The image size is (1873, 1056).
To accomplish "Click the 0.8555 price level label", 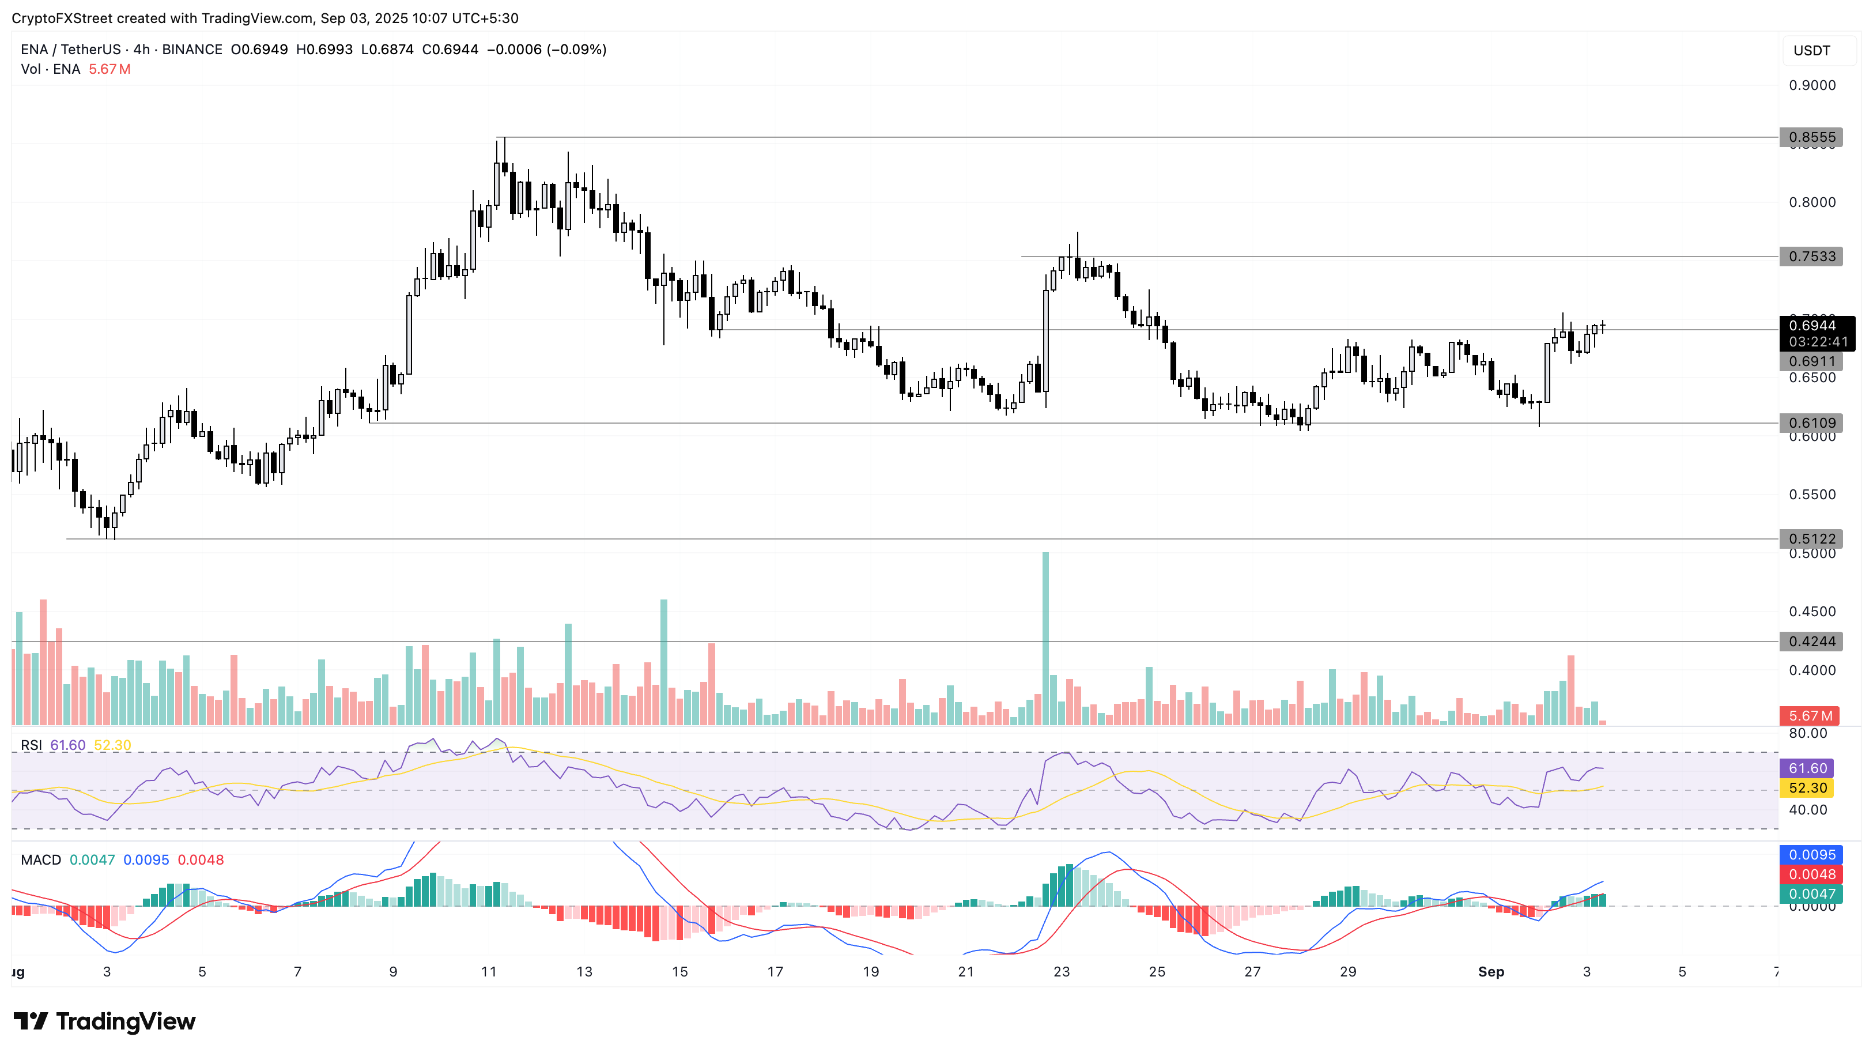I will point(1811,137).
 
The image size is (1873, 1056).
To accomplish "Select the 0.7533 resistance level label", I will point(1811,257).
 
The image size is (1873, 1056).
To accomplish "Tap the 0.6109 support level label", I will point(1811,423).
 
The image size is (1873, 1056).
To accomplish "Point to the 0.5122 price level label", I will point(1811,539).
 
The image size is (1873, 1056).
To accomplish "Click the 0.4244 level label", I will point(1811,642).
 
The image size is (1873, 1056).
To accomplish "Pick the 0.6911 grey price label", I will point(1811,361).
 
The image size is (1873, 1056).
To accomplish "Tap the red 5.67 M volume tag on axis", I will point(1809,716).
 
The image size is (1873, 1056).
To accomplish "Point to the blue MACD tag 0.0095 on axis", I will point(1811,855).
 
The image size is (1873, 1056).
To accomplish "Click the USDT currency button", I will point(1811,51).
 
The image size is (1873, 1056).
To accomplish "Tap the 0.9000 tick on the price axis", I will point(1811,86).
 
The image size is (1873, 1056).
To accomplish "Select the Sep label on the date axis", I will point(1490,972).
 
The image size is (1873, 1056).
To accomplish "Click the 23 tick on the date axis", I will point(1062,972).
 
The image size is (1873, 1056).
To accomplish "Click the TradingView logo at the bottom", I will point(105,1022).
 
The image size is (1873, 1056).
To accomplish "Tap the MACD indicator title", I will point(41,861).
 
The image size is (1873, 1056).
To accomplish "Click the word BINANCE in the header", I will point(192,50).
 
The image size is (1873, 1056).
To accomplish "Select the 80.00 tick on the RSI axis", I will point(1807,734).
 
